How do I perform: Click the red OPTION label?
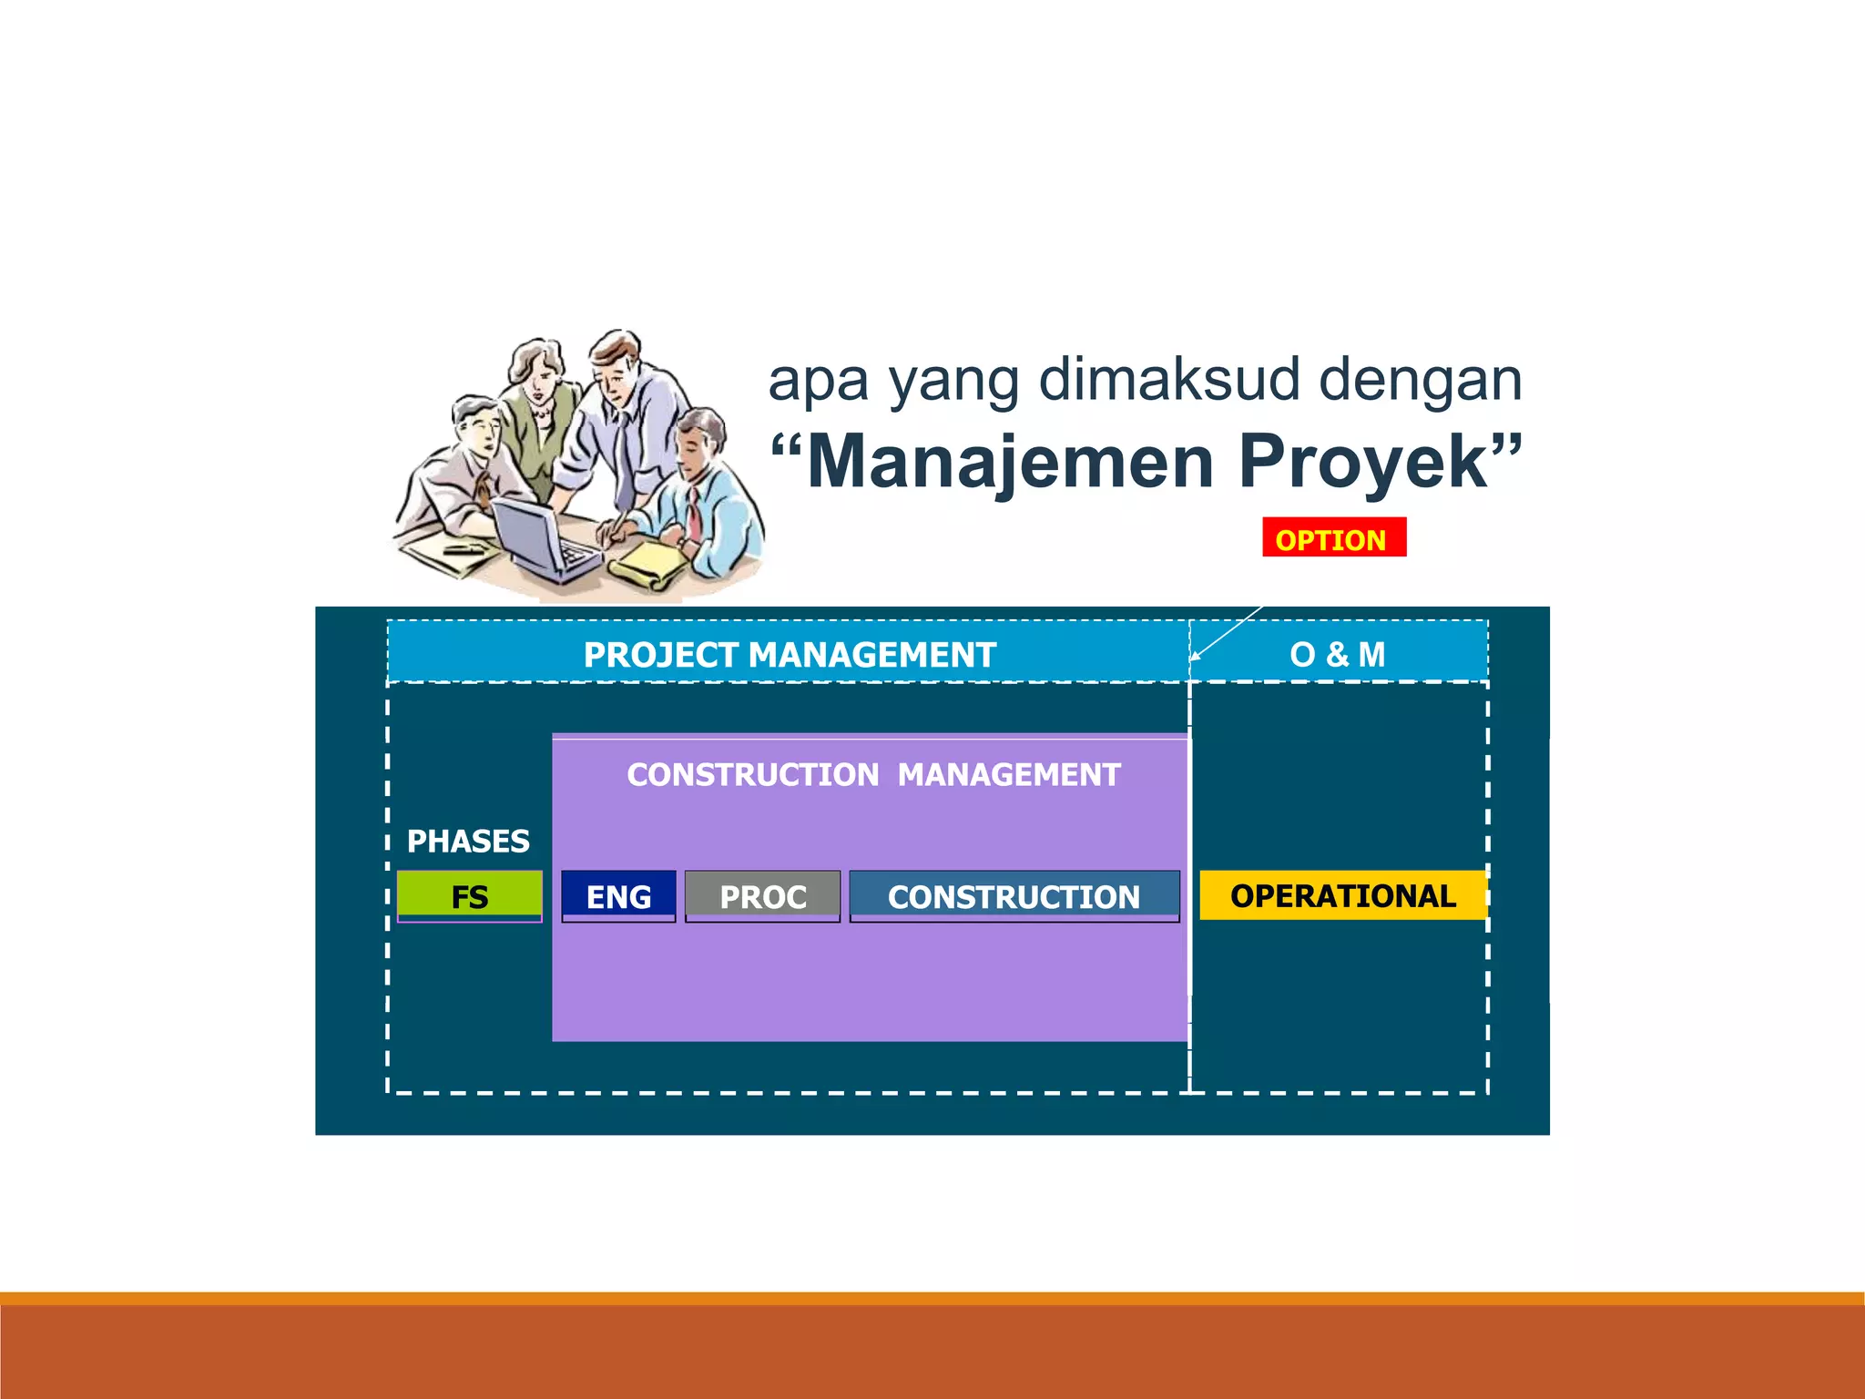(x=1333, y=538)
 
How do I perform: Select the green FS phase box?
(x=470, y=895)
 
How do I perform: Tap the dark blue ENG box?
(x=618, y=895)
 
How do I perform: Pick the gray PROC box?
(x=762, y=895)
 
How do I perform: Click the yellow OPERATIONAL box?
(x=1342, y=895)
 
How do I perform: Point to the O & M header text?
(x=1337, y=654)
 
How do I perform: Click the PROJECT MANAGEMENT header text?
(x=790, y=654)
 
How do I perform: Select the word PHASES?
(x=468, y=841)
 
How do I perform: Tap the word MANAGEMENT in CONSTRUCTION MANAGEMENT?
(x=1009, y=774)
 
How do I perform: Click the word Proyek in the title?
(x=1363, y=462)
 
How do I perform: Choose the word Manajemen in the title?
(x=1011, y=462)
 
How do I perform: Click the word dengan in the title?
(x=1421, y=380)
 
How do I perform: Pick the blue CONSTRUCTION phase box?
(x=1014, y=895)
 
